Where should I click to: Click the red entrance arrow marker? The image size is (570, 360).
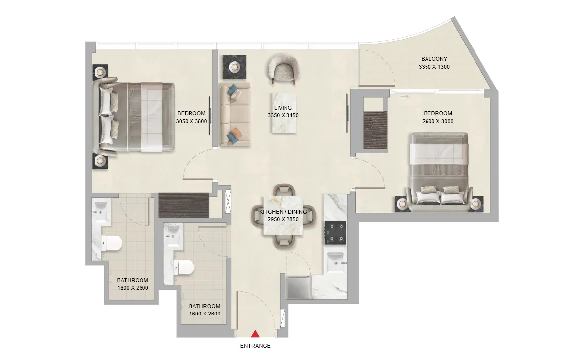(255, 335)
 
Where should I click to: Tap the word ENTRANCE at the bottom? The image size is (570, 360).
(255, 346)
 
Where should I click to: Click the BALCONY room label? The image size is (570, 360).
(434, 59)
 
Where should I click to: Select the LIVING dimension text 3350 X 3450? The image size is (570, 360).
(283, 115)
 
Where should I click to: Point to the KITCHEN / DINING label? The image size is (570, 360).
(283, 212)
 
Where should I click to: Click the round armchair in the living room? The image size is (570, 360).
(283, 68)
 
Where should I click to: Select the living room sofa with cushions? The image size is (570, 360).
(235, 114)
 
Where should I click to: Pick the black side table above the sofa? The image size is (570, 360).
(232, 66)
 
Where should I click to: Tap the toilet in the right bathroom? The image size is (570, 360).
(185, 268)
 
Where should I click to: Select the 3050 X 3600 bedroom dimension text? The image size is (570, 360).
(191, 121)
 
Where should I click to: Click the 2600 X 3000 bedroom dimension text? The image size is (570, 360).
(437, 121)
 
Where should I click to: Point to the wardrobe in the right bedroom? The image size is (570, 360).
(375, 130)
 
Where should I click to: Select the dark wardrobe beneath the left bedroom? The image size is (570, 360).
(184, 205)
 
